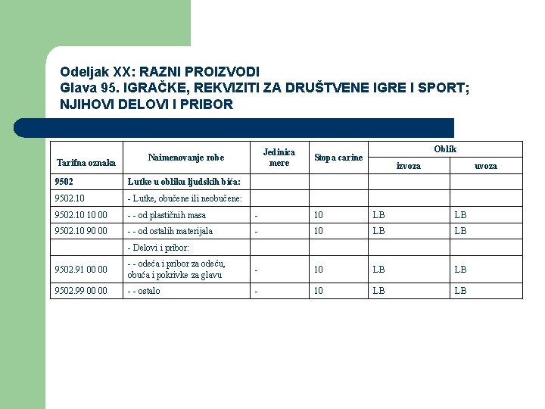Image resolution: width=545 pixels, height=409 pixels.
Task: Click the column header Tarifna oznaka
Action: pyautogui.click(x=86, y=163)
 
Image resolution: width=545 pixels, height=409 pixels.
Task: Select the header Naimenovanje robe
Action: pyautogui.click(x=186, y=158)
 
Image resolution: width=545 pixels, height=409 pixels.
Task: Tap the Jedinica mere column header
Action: pyautogui.click(x=279, y=157)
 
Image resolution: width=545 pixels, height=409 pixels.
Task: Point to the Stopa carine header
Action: pyautogui.click(x=338, y=158)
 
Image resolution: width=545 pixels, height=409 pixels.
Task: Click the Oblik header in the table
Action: pyautogui.click(x=445, y=149)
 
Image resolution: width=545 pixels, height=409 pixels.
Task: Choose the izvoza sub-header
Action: pyautogui.click(x=409, y=166)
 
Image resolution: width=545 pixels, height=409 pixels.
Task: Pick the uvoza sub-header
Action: pyautogui.click(x=486, y=166)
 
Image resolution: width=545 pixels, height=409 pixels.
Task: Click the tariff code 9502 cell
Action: pyautogui.click(x=66, y=182)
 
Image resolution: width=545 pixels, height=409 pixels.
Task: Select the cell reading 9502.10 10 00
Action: pyautogui.click(x=81, y=215)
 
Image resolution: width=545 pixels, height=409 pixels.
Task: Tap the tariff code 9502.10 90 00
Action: pyautogui.click(x=81, y=231)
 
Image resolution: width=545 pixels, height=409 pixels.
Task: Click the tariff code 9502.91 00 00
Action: pyautogui.click(x=81, y=269)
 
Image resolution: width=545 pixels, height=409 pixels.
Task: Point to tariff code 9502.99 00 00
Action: pyautogui.click(x=81, y=291)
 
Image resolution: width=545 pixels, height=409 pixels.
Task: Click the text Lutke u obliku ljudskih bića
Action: pyautogui.click(x=184, y=182)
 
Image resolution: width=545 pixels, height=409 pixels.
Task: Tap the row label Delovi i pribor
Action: pyautogui.click(x=158, y=248)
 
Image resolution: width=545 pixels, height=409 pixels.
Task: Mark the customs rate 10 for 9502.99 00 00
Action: pyautogui.click(x=319, y=291)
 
